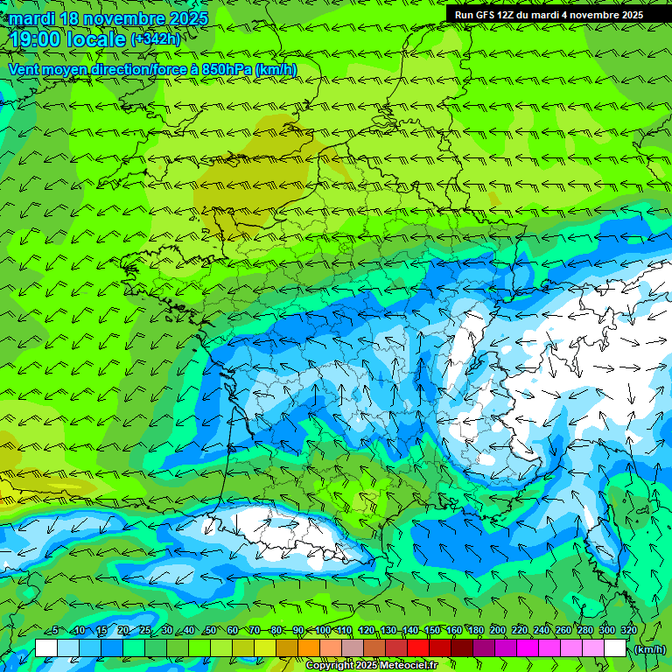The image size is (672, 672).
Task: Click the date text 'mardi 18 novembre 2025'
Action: point(108,18)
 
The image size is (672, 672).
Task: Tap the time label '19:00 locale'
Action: point(67,39)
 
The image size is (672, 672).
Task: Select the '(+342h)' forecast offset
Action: point(156,39)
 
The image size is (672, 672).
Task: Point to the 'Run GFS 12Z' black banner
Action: point(549,14)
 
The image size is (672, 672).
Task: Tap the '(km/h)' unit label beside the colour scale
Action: point(648,649)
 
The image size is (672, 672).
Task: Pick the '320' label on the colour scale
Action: point(627,630)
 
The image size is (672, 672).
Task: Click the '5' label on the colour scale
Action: point(56,630)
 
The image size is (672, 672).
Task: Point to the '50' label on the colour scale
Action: point(211,630)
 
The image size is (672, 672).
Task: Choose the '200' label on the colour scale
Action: point(497,630)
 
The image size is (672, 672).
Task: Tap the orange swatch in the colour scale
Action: point(309,647)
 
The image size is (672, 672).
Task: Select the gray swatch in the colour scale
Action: point(353,647)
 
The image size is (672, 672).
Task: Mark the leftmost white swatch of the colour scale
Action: point(46,647)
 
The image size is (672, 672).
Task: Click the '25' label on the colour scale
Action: point(145,630)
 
